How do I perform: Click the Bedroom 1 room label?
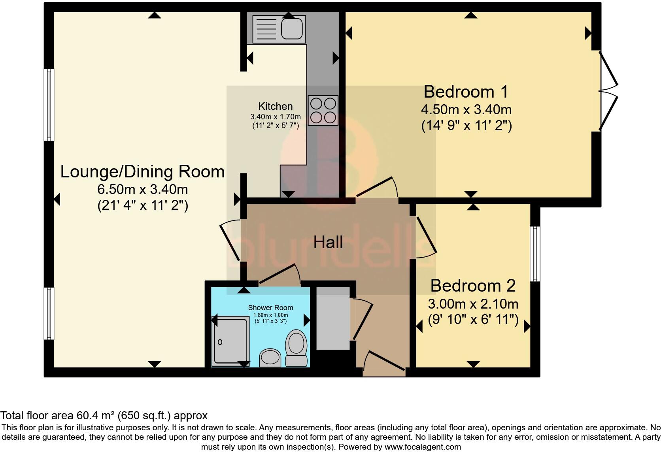(x=466, y=92)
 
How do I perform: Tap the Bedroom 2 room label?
(x=473, y=286)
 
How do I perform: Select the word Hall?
(x=328, y=242)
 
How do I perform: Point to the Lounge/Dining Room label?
(x=143, y=171)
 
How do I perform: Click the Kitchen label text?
(x=275, y=106)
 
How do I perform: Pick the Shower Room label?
(x=270, y=307)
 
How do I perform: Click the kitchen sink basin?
(x=292, y=28)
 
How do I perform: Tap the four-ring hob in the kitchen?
(x=323, y=110)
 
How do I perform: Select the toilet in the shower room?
(x=296, y=348)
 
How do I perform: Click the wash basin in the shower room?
(x=270, y=358)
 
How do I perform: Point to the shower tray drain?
(x=220, y=342)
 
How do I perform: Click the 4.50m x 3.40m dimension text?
(x=466, y=110)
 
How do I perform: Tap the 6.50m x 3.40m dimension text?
(x=143, y=189)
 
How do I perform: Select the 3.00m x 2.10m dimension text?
(x=473, y=304)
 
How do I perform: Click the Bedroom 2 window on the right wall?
(x=535, y=254)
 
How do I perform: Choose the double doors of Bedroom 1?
(x=608, y=91)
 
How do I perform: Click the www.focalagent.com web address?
(x=423, y=447)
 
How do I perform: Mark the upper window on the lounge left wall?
(x=49, y=105)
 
